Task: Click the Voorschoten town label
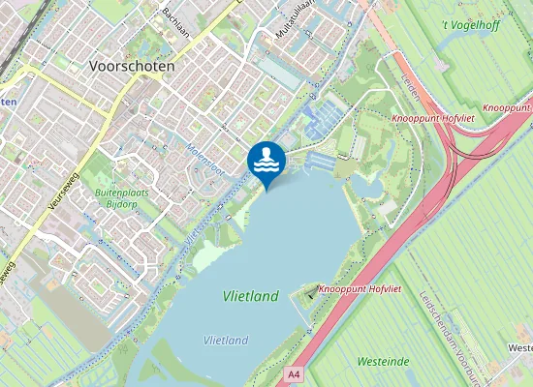click(131, 67)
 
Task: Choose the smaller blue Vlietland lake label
click(226, 340)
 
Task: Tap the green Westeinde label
click(383, 362)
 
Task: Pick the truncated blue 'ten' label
click(7, 100)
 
